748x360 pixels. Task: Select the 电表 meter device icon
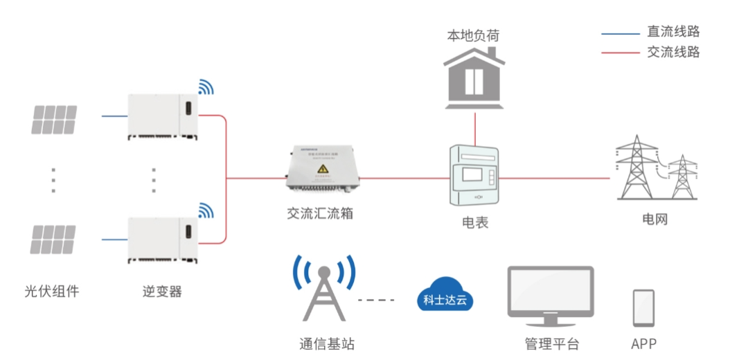(x=474, y=176)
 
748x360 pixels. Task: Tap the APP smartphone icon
(x=643, y=307)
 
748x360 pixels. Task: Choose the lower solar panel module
(x=54, y=239)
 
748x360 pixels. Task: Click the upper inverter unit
(x=163, y=116)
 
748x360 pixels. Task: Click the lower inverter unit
(x=163, y=239)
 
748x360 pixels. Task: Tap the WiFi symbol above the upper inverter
(x=206, y=87)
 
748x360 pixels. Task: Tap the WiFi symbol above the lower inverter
(x=206, y=210)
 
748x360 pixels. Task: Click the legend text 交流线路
(x=673, y=52)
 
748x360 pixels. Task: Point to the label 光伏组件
(x=52, y=291)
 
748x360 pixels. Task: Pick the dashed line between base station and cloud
(x=375, y=300)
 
